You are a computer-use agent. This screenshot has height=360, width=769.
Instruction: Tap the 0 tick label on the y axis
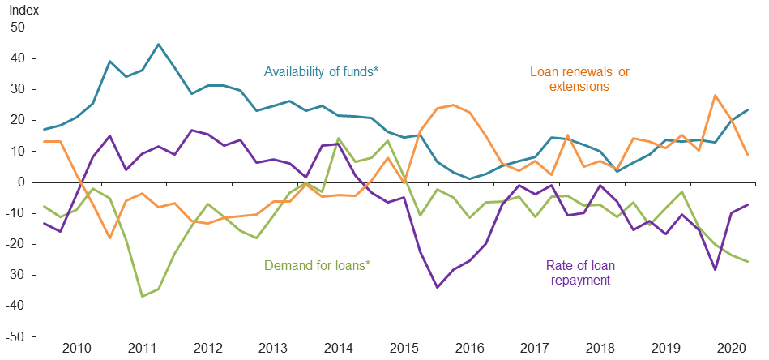[x=23, y=182]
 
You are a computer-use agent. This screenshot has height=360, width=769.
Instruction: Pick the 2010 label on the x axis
[x=76, y=349]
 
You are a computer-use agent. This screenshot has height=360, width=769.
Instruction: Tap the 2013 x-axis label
[x=272, y=349]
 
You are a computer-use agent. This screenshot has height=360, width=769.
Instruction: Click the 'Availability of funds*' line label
[x=321, y=71]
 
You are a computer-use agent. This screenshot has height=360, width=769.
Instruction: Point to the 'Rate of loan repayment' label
[x=579, y=272]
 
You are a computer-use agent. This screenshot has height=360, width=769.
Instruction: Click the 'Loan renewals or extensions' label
[x=579, y=79]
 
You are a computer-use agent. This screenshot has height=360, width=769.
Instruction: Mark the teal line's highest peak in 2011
[x=158, y=45]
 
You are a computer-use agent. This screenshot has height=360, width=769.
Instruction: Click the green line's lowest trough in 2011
[x=142, y=296]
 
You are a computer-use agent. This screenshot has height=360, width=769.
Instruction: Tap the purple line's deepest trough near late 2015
[x=438, y=287]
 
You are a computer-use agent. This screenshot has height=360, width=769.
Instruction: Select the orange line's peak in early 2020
[x=716, y=96]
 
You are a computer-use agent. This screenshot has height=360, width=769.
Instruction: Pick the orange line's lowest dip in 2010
[x=109, y=238]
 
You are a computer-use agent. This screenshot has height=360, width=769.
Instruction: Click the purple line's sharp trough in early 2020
[x=716, y=269]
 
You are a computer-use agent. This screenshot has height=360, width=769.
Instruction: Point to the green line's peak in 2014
[x=339, y=139]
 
